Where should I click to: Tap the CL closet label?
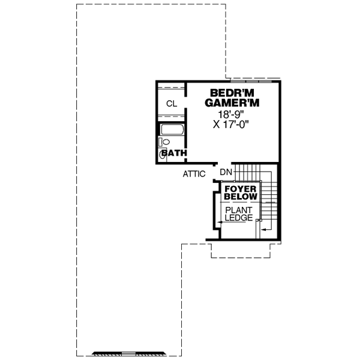[172, 104]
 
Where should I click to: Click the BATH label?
[175, 154]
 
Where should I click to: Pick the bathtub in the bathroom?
[172, 130]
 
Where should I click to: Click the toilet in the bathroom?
[166, 142]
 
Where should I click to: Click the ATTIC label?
[194, 174]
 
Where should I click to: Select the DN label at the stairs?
[226, 173]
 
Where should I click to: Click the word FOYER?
[241, 188]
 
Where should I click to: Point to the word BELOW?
[241, 197]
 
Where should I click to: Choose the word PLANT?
[239, 210]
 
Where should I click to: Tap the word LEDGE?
[239, 218]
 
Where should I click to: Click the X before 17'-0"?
[216, 124]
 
